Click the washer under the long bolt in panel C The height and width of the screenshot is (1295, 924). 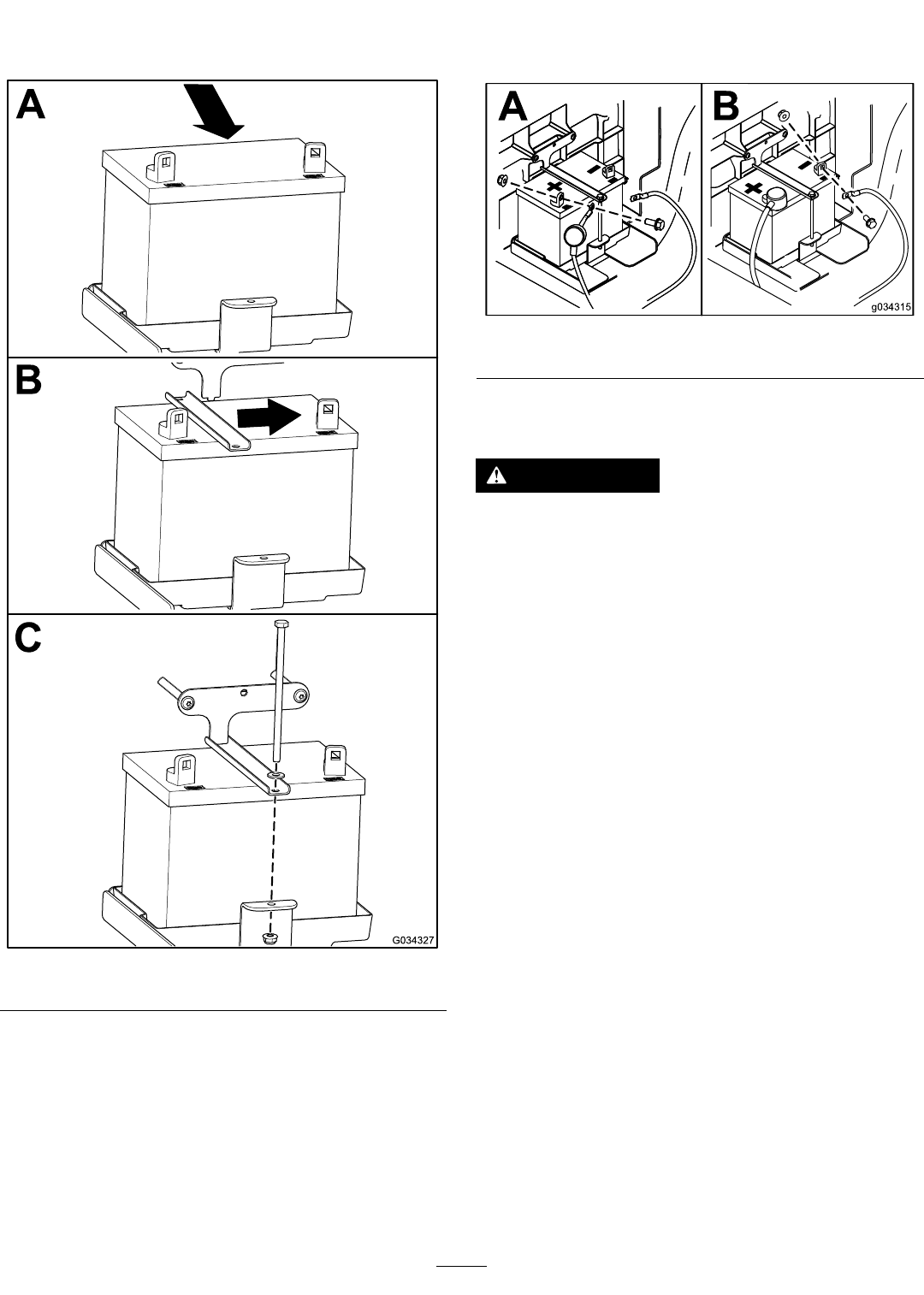pos(277,773)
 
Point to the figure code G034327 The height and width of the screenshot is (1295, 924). pos(413,940)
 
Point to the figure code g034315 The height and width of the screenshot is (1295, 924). pos(891,307)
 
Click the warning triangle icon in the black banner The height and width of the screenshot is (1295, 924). pos(497,476)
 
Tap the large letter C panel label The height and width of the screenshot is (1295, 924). pos(28,638)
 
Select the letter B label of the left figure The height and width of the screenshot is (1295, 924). pos(29,380)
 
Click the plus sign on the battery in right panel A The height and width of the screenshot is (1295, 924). pos(554,186)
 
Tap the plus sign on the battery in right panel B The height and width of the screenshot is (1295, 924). pos(753,188)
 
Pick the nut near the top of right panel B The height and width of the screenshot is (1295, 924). pos(784,115)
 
